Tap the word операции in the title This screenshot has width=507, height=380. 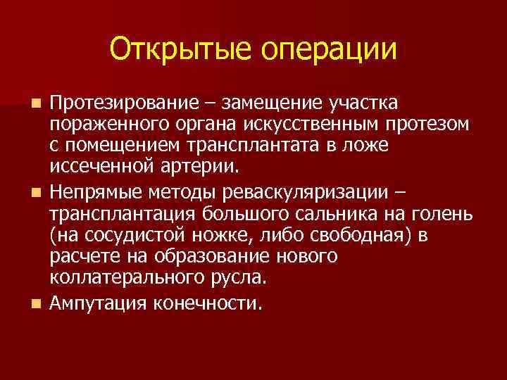coord(330,51)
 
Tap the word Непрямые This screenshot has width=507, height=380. coord(94,192)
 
